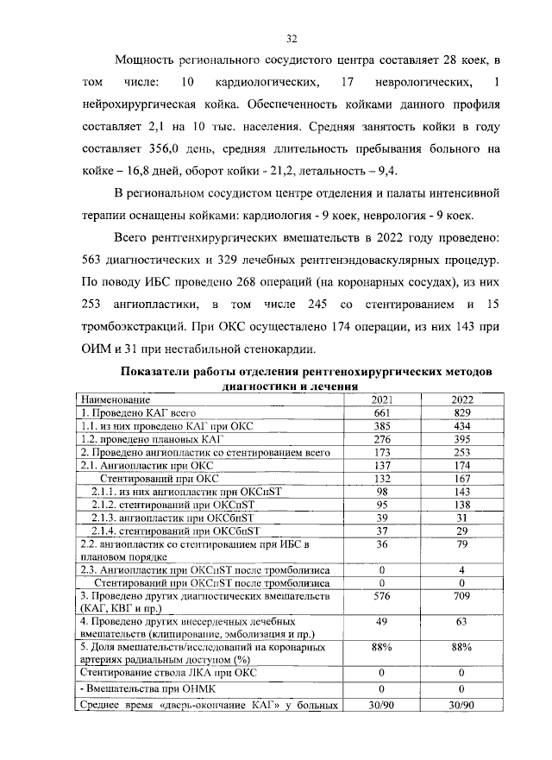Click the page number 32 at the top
point(292,38)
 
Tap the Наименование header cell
point(115,401)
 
